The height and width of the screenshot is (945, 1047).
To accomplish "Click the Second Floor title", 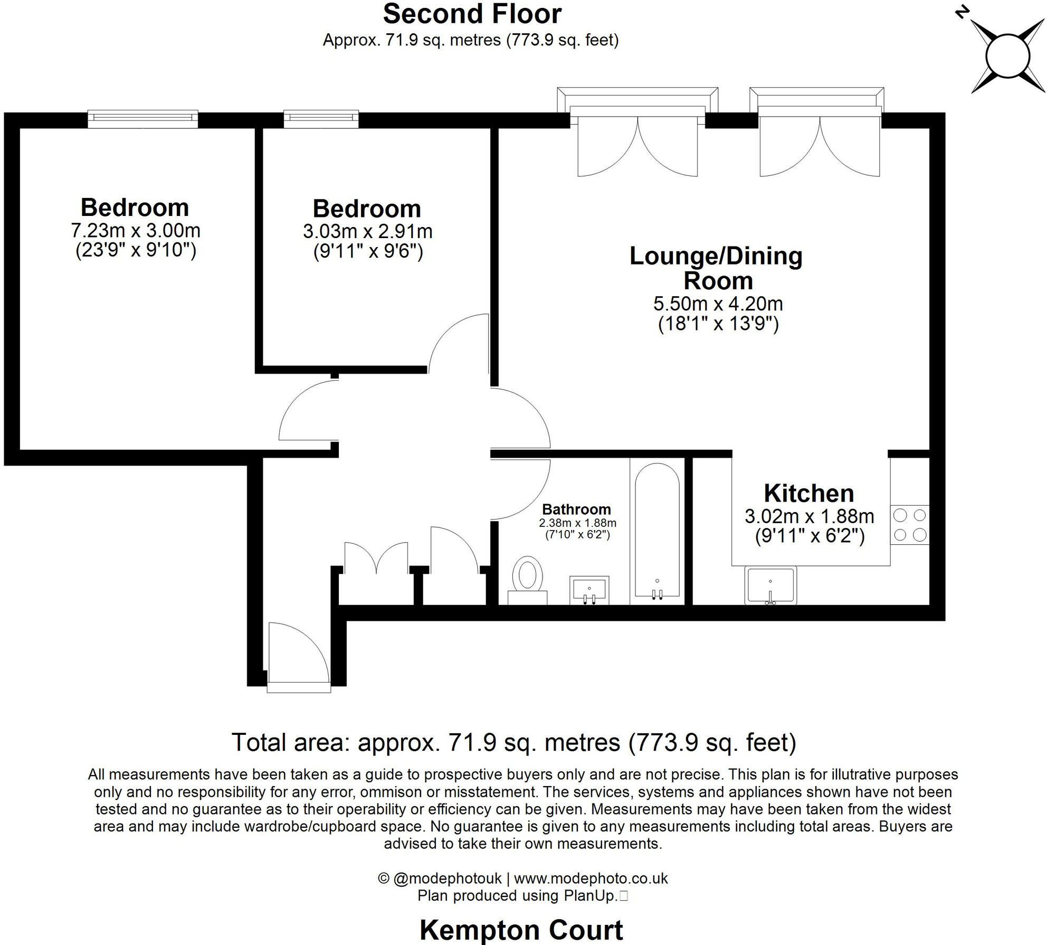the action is pyautogui.click(x=472, y=14).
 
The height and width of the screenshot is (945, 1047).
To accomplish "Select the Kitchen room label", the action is pyautogui.click(x=809, y=493).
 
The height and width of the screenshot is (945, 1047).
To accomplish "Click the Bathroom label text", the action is pyautogui.click(x=576, y=509).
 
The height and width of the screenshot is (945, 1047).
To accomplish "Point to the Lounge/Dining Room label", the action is pyautogui.click(x=716, y=268).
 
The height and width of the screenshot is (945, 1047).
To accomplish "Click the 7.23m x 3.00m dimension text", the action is pyautogui.click(x=136, y=231).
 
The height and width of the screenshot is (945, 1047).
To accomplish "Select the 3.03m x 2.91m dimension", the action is pyautogui.click(x=368, y=231).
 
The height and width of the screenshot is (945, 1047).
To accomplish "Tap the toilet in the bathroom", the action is pyautogui.click(x=527, y=580).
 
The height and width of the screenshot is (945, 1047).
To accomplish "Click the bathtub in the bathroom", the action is pyautogui.click(x=657, y=532).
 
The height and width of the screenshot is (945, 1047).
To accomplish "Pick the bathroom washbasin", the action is pyautogui.click(x=589, y=590).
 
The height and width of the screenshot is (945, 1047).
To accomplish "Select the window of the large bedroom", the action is pyautogui.click(x=143, y=119).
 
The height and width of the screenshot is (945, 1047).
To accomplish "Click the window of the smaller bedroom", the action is pyautogui.click(x=321, y=119).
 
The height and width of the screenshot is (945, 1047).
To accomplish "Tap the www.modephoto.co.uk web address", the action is pyautogui.click(x=591, y=878).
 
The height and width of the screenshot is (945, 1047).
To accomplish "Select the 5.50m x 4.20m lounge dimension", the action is pyautogui.click(x=718, y=304).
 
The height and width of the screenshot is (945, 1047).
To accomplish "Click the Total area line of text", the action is pyautogui.click(x=513, y=742).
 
